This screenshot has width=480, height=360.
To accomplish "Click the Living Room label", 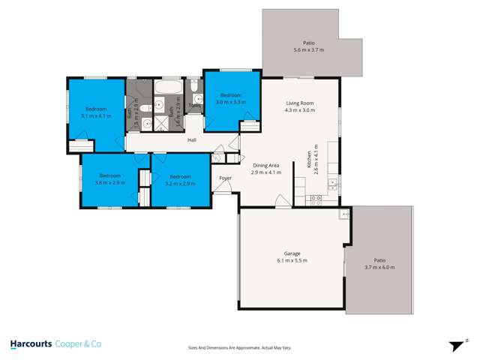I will tap(299, 106).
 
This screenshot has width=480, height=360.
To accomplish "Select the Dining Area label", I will tap(266, 169).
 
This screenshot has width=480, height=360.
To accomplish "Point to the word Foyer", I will tap(225, 178).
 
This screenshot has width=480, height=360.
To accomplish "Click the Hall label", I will tap(192, 139).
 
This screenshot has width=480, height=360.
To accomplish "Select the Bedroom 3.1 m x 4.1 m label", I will tap(96, 112).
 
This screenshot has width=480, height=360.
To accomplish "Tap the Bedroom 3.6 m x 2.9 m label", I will tap(110, 179).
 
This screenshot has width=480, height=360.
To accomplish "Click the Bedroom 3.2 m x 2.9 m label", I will tap(180, 179).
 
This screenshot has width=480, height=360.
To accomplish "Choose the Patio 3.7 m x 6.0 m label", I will tap(379, 264).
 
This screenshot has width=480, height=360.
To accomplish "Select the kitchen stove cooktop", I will tap(316, 199).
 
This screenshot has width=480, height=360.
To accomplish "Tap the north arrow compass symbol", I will tap(454, 346).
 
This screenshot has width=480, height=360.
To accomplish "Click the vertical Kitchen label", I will tap(307, 158).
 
